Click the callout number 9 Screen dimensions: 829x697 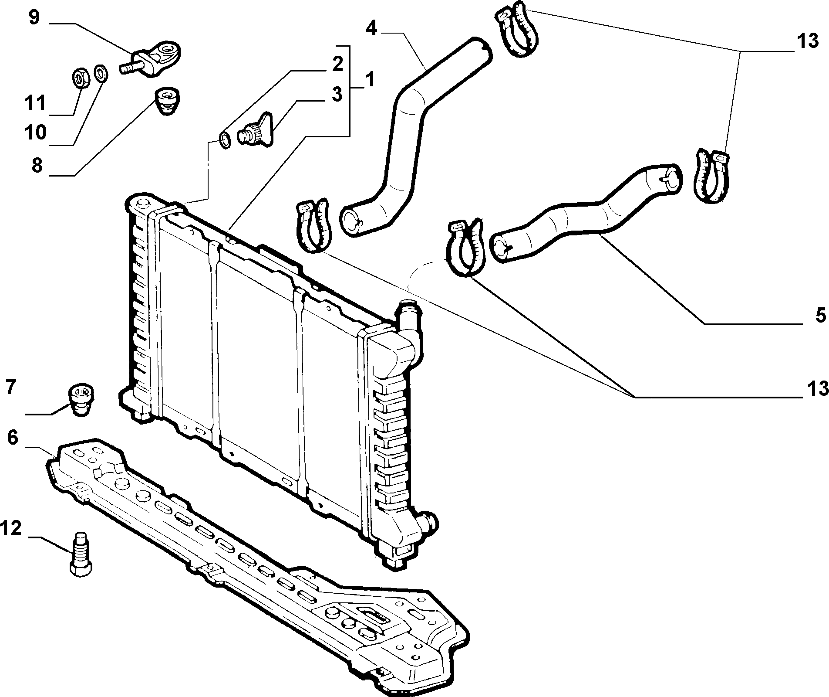34,18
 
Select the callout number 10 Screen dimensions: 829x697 35,132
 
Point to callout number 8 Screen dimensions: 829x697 37,166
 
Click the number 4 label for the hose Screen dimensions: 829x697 371,28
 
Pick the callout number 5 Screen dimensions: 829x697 820,315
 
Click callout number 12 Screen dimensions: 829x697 11,529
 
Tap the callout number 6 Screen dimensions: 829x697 13,437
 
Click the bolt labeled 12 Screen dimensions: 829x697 81,555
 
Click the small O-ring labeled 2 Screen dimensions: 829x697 225,141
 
